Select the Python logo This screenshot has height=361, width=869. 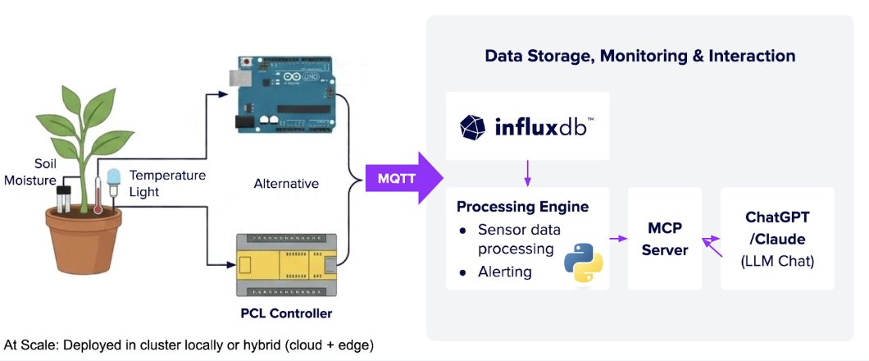click(x=583, y=262)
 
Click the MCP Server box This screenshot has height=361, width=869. click(x=664, y=238)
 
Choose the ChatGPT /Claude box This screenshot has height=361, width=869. click(x=776, y=238)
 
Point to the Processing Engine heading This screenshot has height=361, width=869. click(x=522, y=206)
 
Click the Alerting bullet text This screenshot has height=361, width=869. click(x=504, y=271)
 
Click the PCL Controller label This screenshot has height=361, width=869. click(x=285, y=313)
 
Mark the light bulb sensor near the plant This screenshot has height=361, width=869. click(x=113, y=180)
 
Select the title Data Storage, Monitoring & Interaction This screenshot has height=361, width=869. click(x=639, y=56)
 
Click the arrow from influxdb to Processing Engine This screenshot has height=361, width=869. click(x=527, y=172)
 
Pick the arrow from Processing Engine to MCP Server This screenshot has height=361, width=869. click(x=618, y=239)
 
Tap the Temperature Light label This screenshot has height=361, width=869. click(x=167, y=182)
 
